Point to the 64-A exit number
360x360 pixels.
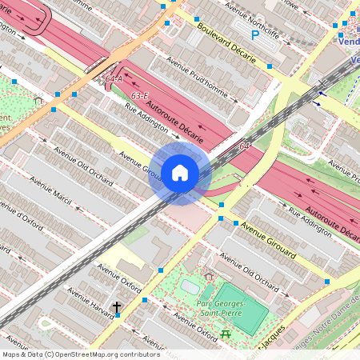tap(113, 78)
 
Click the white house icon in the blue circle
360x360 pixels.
tap(179, 172)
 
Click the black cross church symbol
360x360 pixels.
tap(117, 307)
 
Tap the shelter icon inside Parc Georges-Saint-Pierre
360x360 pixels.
tap(209, 277)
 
